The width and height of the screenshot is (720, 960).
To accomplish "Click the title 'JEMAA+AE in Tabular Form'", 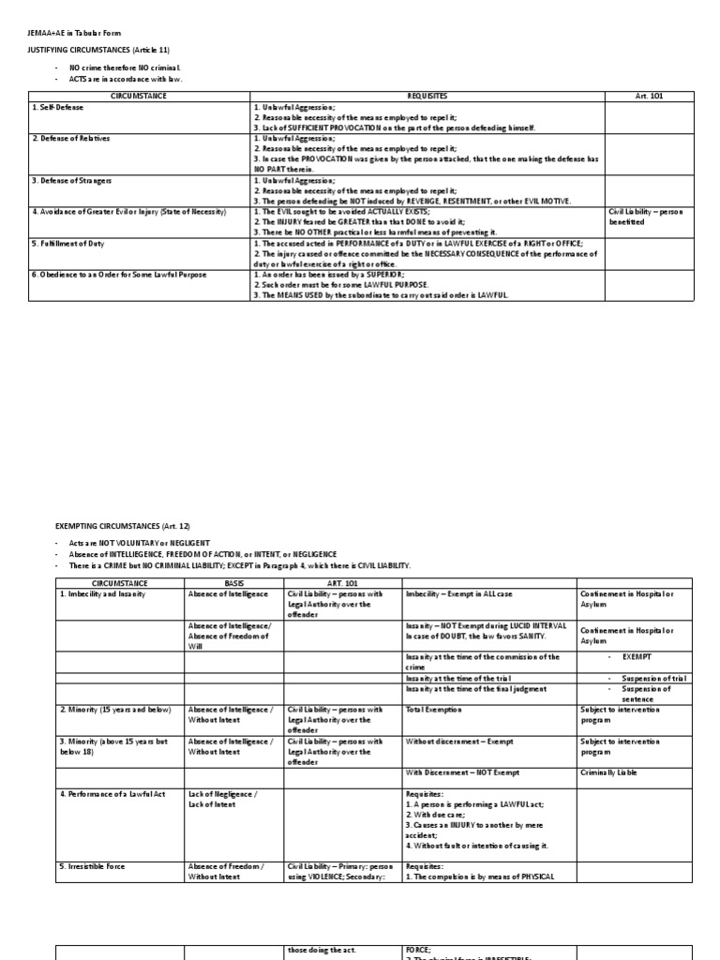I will (74, 33).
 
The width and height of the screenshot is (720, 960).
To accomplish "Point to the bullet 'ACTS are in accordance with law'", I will (126, 80).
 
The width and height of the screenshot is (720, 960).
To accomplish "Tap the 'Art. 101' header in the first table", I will (649, 96).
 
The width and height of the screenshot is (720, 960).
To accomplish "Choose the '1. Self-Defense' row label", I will (60, 107).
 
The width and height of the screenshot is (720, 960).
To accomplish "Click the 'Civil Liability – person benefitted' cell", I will (646, 217).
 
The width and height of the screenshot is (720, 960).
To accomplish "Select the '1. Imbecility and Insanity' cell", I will (102, 593).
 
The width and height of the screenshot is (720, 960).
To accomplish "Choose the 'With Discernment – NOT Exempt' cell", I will (462, 772).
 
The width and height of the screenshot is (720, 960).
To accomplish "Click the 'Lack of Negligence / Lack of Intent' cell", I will (224, 798).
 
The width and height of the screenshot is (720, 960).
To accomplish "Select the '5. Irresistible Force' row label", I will (91, 866).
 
